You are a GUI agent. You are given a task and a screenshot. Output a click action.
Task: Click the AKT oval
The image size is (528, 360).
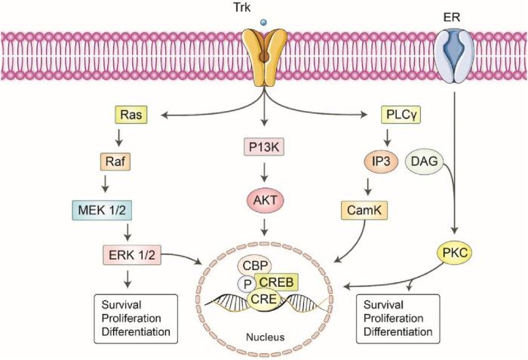(263, 201)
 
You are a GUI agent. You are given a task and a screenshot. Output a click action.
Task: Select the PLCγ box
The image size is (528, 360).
(401, 115)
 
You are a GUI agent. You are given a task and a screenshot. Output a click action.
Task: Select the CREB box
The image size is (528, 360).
(275, 282)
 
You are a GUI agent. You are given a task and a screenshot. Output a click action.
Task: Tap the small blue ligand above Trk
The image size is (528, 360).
(263, 24)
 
